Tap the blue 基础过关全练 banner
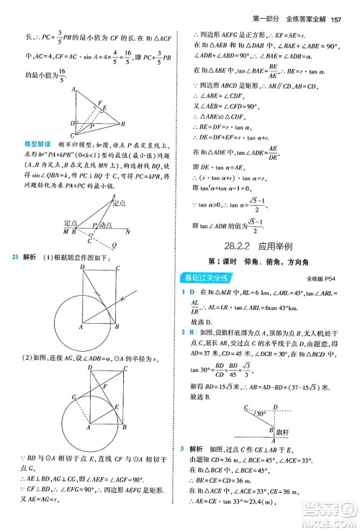(x=220, y=296)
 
